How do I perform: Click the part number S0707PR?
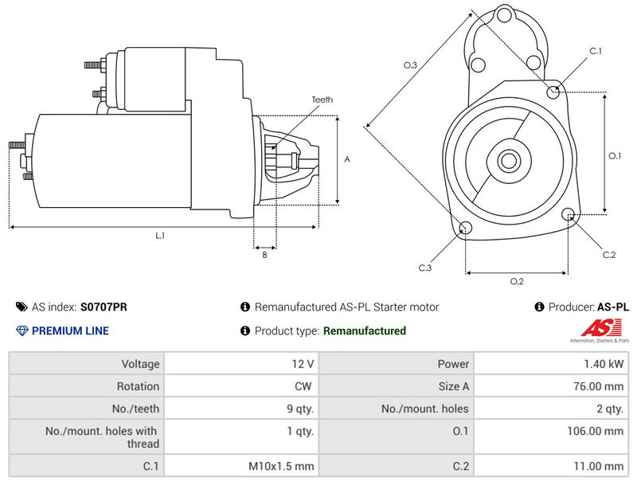pos(104,307)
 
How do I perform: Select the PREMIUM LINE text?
pos(70,331)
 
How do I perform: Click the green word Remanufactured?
pos(365,331)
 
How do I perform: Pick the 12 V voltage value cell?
pos(303,364)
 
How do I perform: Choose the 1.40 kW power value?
pos(604,364)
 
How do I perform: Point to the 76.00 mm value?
pos(599,386)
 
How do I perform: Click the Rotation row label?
pos(138,386)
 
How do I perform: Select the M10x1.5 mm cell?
pos(281,467)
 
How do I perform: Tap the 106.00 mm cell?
pos(595,431)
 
